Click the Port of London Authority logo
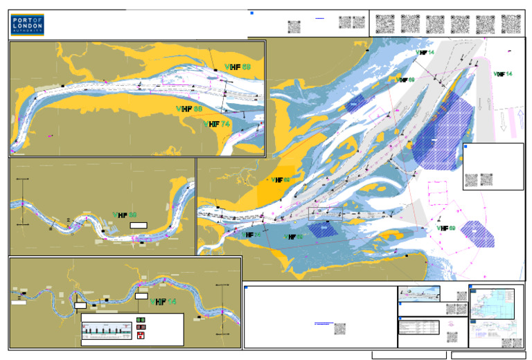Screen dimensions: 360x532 (28, 25)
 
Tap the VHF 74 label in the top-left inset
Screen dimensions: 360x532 (215, 125)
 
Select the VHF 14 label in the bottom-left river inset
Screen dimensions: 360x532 (163, 302)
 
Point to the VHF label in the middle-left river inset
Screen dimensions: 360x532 (125, 215)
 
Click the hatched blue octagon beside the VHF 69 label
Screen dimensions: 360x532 (477, 234)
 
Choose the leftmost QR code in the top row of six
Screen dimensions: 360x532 (384, 24)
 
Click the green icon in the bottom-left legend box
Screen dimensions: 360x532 (141, 320)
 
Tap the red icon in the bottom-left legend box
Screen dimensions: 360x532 (141, 336)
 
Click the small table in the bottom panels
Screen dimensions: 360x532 (418, 325)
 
